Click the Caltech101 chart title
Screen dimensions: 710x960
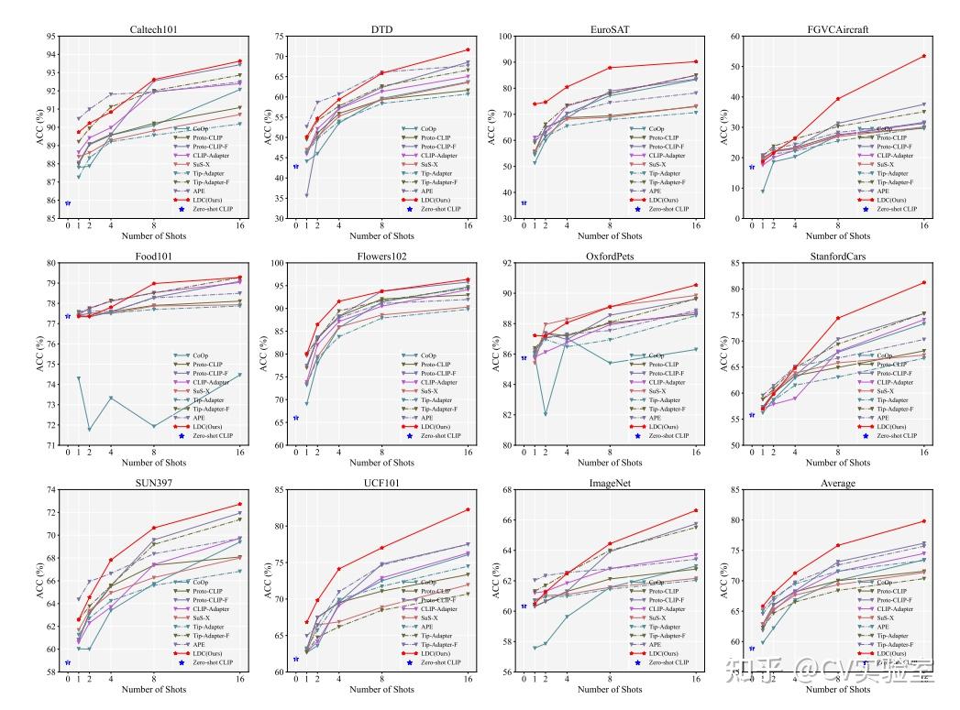(x=154, y=28)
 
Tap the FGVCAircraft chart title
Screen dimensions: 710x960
(x=838, y=28)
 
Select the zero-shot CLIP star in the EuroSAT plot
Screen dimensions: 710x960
(x=524, y=203)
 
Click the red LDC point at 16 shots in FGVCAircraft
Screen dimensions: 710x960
(x=923, y=56)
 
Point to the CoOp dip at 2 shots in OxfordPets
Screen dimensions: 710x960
(x=546, y=414)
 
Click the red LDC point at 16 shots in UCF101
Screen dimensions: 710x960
(x=468, y=509)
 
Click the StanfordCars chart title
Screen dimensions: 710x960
(x=838, y=257)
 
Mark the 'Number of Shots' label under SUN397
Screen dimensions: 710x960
(x=154, y=690)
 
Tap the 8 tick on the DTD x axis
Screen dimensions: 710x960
(x=381, y=224)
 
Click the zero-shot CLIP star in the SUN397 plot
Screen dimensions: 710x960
(x=68, y=662)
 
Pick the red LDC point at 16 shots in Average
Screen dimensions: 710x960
(x=923, y=521)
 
